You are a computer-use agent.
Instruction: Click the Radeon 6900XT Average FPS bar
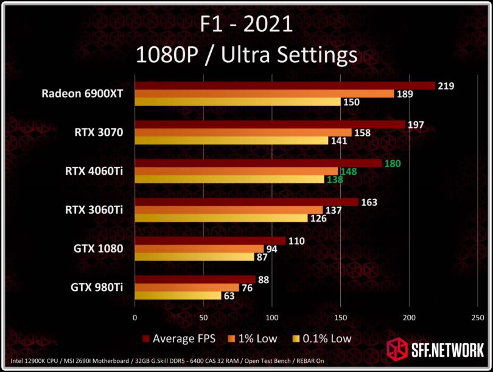pyautogui.click(x=285, y=86)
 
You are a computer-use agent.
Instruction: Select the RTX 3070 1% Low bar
pyautogui.click(x=243, y=133)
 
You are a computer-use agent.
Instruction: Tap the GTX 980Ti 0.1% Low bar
pyautogui.click(x=178, y=296)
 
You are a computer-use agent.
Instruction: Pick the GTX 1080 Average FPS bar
pyautogui.click(x=210, y=241)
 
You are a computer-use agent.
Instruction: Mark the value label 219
pyautogui.click(x=446, y=86)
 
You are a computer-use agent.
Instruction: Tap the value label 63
pyautogui.click(x=230, y=297)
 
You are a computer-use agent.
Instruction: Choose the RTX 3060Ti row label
pyautogui.click(x=94, y=210)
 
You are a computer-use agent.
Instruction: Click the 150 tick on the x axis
pyautogui.click(x=341, y=318)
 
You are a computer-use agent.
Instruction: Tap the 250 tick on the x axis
pyautogui.click(x=478, y=318)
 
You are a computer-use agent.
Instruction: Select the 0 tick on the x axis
pyautogui.click(x=135, y=318)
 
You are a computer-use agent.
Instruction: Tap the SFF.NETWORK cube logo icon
pyautogui.click(x=398, y=349)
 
